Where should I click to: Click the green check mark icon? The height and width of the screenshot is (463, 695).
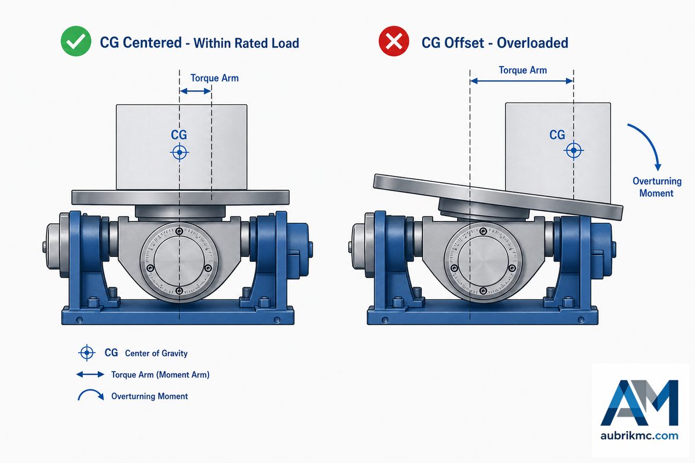(x=76, y=41)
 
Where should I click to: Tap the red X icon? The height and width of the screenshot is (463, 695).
(x=394, y=41)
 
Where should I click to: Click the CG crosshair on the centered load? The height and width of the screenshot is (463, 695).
(x=180, y=152)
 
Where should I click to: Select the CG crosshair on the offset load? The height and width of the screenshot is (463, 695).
(x=573, y=150)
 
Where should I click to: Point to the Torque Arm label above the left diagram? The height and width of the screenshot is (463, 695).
(x=214, y=78)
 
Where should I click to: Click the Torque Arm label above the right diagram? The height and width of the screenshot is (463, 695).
(x=523, y=70)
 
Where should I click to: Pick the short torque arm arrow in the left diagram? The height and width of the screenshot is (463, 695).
(x=196, y=91)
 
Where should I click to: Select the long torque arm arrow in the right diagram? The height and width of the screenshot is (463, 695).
(x=522, y=81)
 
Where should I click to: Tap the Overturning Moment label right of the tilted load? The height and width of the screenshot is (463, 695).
(x=657, y=187)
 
